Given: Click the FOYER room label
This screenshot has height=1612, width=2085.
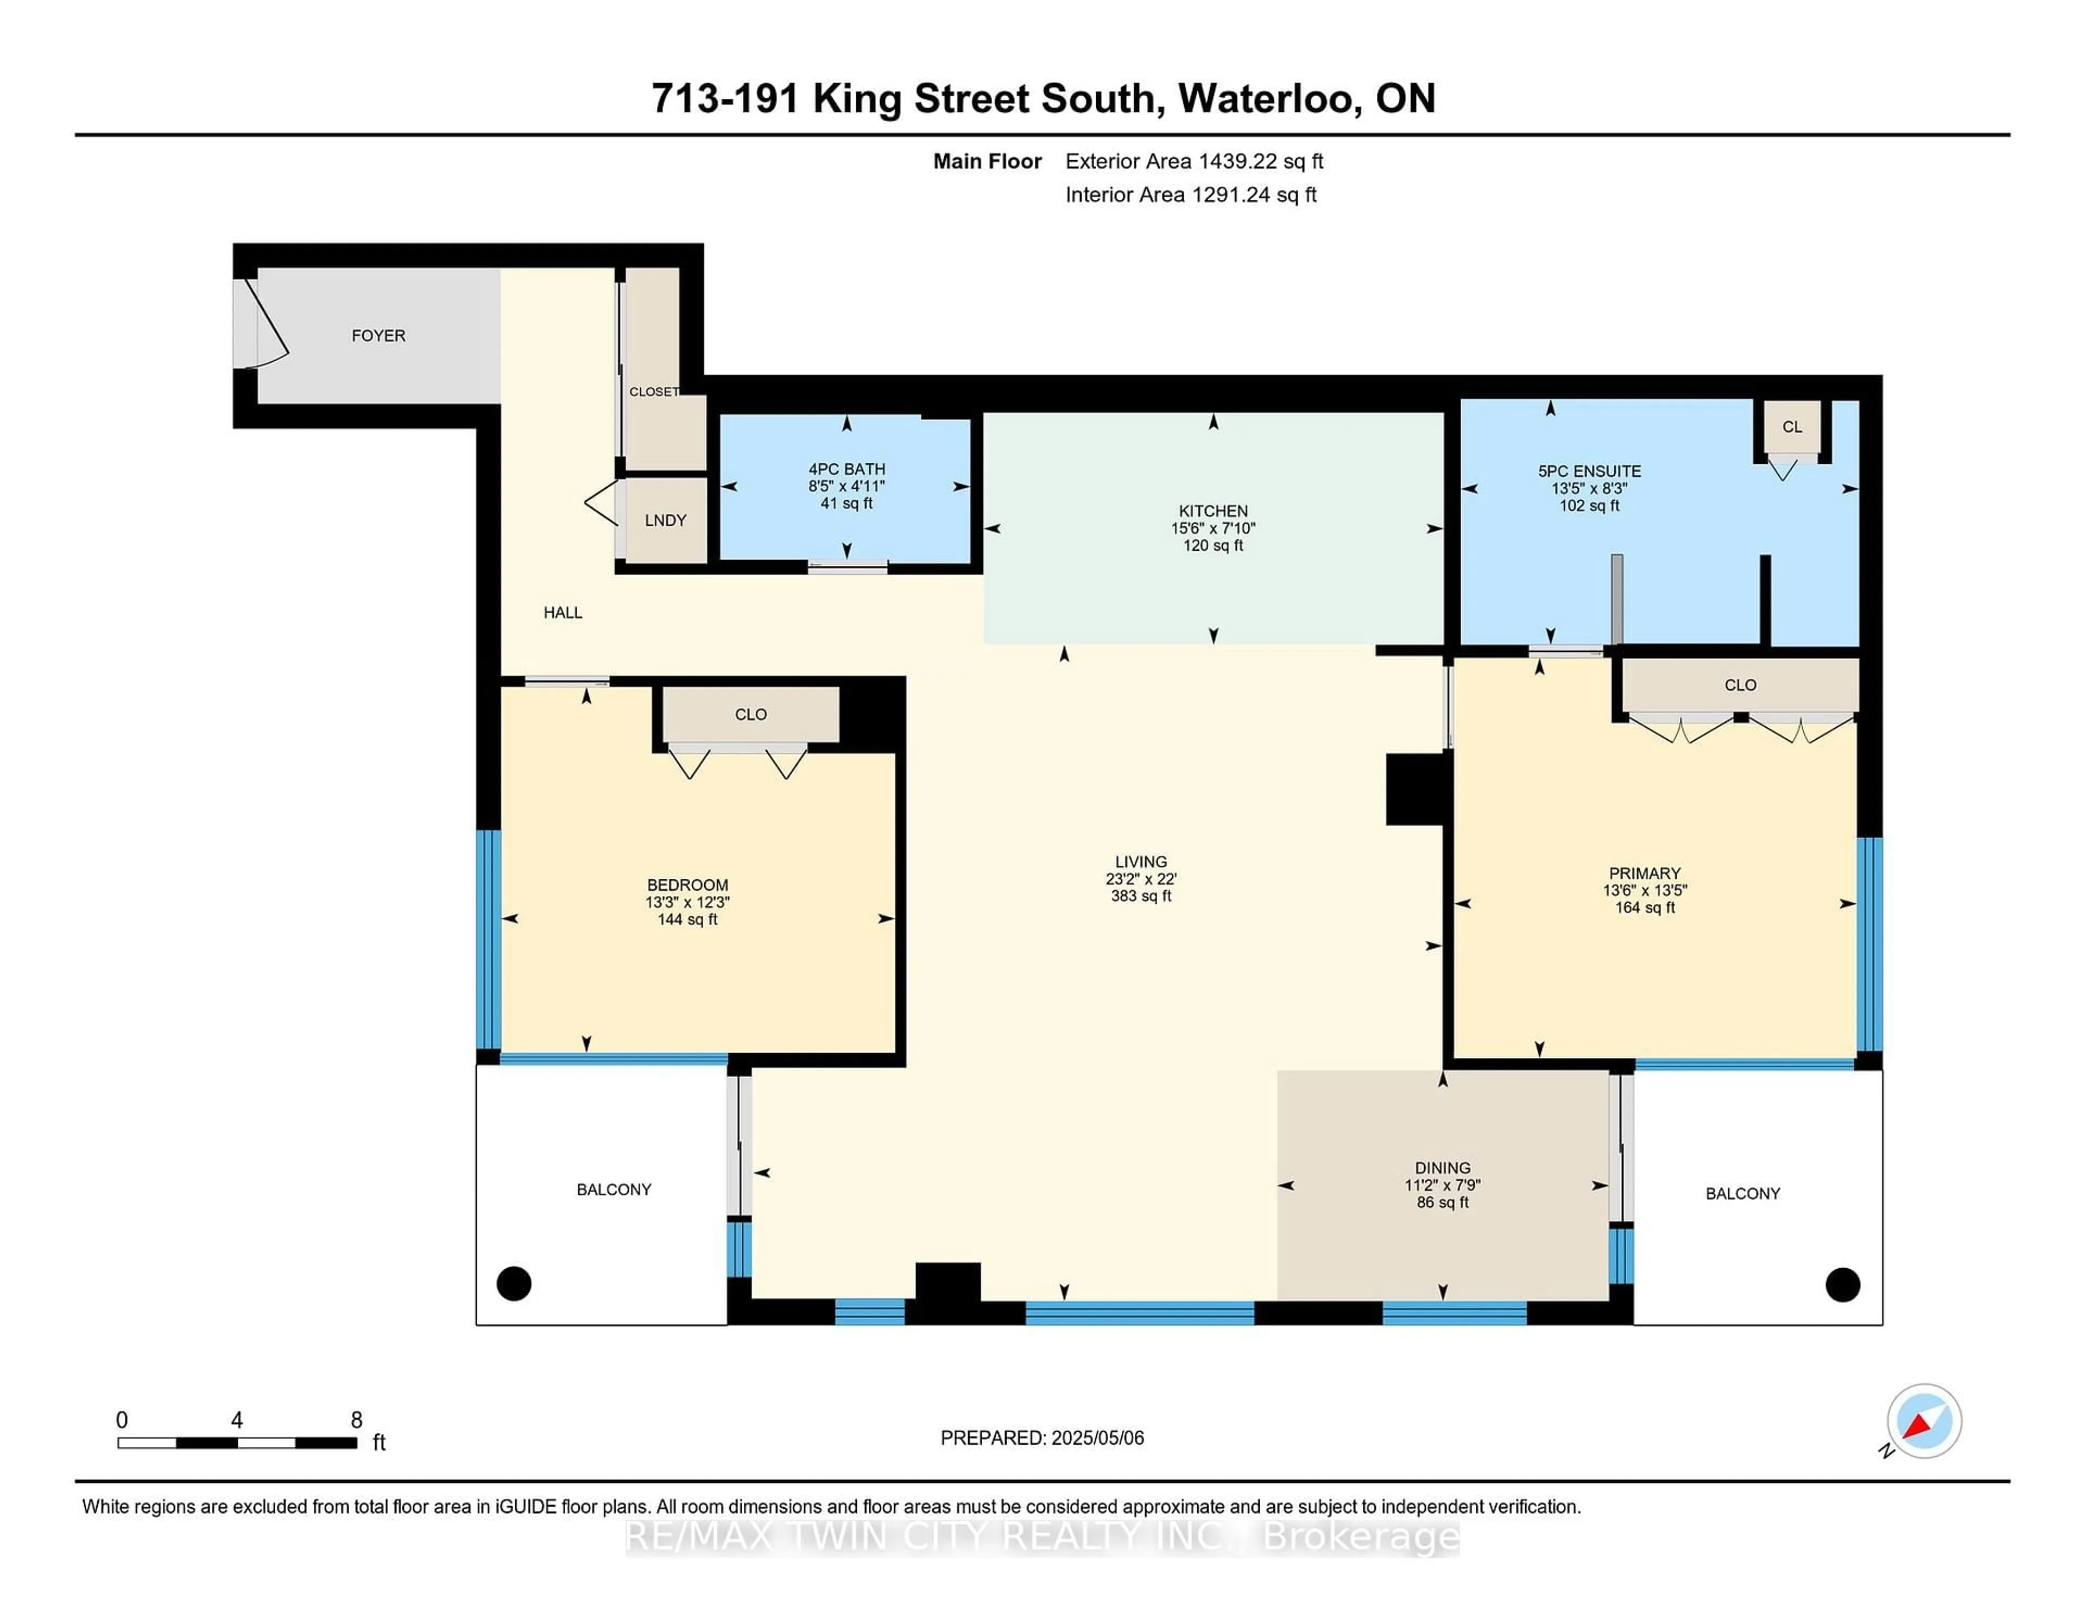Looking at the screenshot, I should point(378,335).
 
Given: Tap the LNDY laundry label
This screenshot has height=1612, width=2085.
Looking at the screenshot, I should point(665,520).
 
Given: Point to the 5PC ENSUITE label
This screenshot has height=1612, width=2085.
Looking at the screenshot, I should point(1589,471).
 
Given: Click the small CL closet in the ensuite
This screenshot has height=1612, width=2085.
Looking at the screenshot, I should point(1792,427).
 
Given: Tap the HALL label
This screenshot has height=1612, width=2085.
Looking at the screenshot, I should point(563,612).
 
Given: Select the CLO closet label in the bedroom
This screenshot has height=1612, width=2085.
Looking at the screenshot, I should point(750,714).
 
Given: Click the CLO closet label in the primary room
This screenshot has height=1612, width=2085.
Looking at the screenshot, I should point(1740,685).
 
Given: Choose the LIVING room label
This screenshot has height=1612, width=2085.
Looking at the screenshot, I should point(1141,861).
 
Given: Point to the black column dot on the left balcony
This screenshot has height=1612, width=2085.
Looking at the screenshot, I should point(514,1283).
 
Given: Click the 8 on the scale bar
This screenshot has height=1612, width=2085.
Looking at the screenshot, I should point(356,1420).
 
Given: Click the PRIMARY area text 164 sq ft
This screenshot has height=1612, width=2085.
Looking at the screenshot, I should point(1644,907).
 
